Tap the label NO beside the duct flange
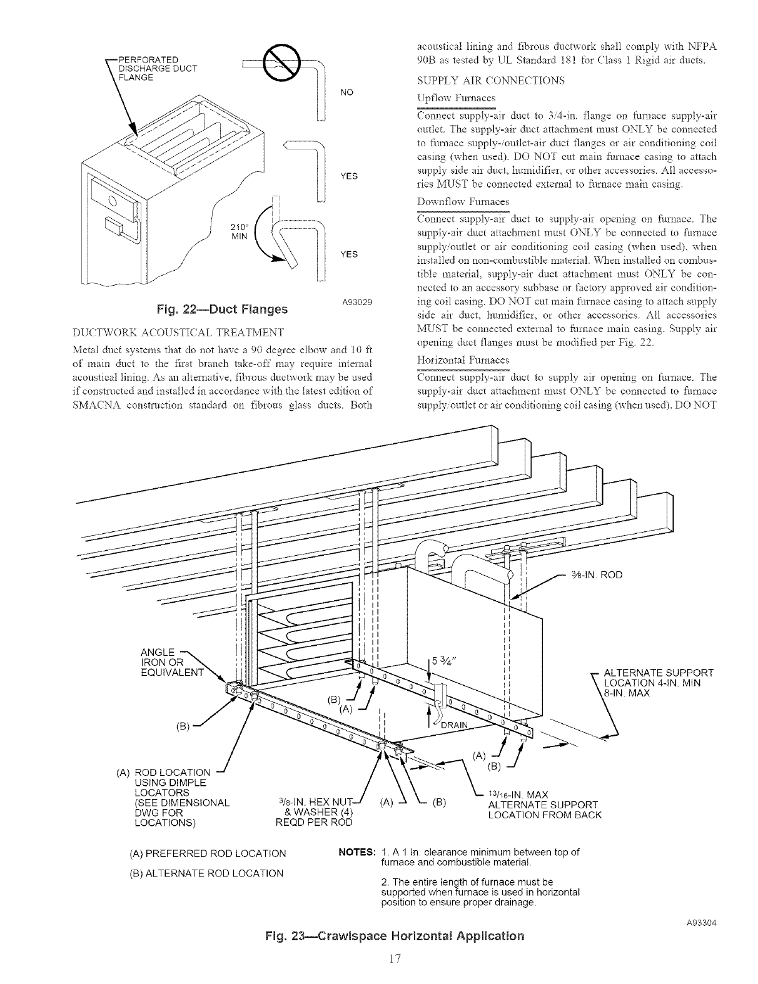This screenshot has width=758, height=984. tap(346, 93)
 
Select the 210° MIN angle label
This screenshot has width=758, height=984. tap(240, 231)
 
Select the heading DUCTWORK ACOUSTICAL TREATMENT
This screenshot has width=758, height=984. tap(178, 331)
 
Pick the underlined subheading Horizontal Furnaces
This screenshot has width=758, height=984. tap(463, 360)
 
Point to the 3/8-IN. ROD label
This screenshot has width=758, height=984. tap(597, 575)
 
